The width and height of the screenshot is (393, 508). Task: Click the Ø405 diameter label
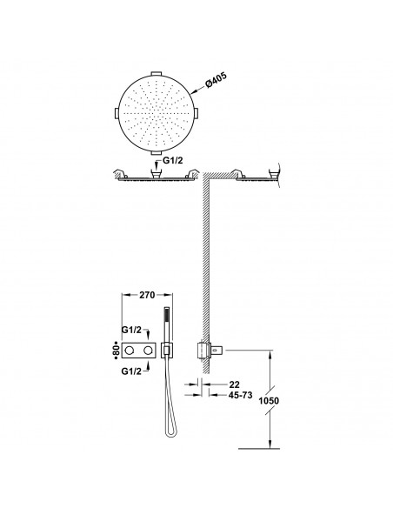pyautogui.click(x=216, y=81)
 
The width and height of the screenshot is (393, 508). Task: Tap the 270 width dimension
pyautogui.click(x=147, y=295)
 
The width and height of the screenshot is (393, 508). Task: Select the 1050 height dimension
pyautogui.click(x=269, y=401)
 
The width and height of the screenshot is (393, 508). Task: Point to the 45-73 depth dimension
pyautogui.click(x=241, y=395)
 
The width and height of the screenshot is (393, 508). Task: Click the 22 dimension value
pyautogui.click(x=235, y=384)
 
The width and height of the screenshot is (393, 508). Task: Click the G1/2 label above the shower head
pyautogui.click(x=171, y=161)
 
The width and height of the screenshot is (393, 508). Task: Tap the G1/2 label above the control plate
pyautogui.click(x=131, y=330)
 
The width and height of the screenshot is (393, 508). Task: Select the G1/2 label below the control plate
pyautogui.click(x=131, y=371)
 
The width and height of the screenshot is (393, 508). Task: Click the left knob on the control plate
pyautogui.click(x=130, y=351)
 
